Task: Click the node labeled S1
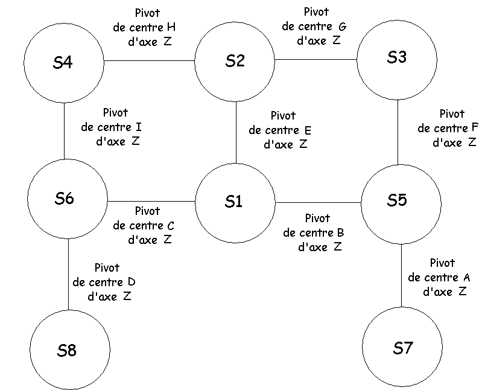[235, 202]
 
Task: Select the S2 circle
[235, 61]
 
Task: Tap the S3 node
[397, 58]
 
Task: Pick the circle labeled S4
[63, 63]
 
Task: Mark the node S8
[69, 350]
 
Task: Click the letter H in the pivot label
[171, 28]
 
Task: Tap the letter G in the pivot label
[343, 27]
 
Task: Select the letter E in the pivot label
[308, 130]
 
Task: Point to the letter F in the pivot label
[475, 128]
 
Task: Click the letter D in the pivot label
[132, 282]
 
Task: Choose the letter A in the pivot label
[466, 278]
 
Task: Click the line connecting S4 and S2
[150, 61]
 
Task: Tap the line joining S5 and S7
[402, 275]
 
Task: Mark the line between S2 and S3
[316, 60]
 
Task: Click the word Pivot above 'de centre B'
[318, 218]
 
